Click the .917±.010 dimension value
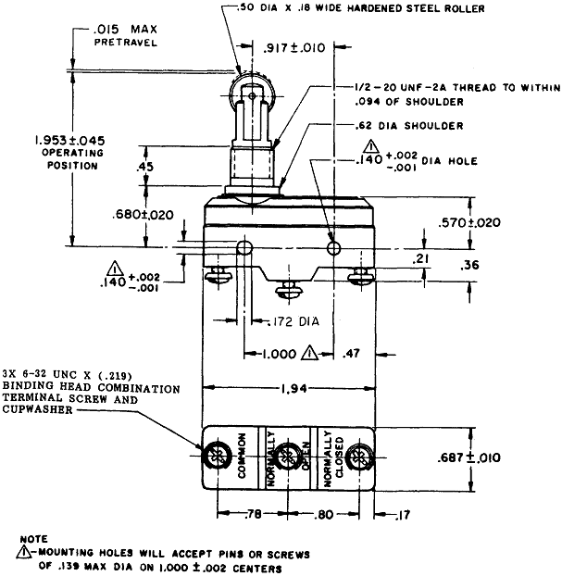coord(294,48)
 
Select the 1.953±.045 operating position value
coord(69,141)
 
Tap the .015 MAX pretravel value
coord(124,30)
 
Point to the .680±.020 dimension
coord(143,215)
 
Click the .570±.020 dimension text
coord(469,222)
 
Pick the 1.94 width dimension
coord(294,388)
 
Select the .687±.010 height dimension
coord(468,457)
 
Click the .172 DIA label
coord(293,321)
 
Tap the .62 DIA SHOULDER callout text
coord(409,126)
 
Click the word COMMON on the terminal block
coord(242,456)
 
